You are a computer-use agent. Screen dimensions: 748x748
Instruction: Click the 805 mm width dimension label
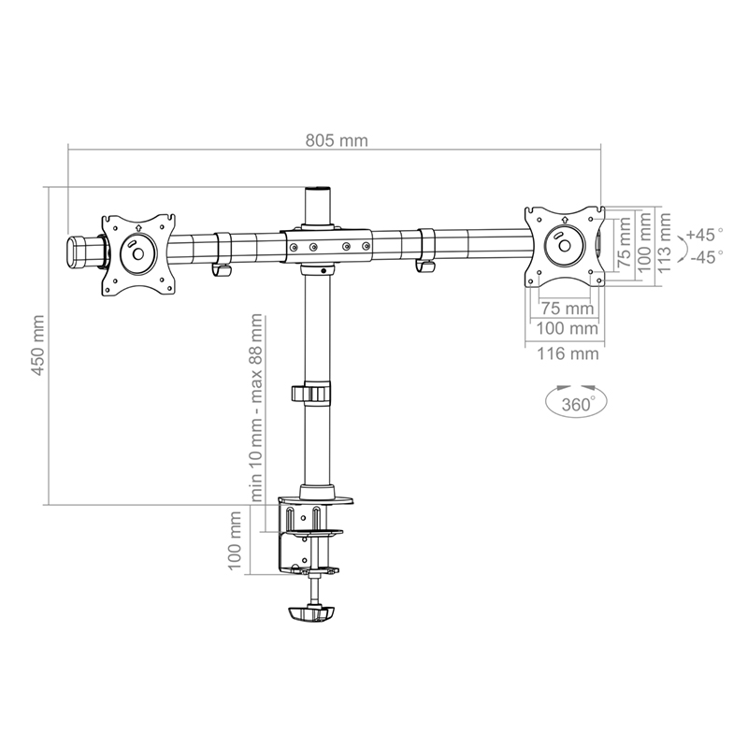click(x=337, y=141)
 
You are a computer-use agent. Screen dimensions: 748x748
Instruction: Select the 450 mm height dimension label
click(x=37, y=345)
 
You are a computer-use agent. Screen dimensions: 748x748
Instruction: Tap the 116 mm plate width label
click(x=568, y=354)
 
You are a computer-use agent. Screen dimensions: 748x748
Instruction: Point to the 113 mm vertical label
click(x=664, y=243)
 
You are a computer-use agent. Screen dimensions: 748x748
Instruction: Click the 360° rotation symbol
click(x=576, y=402)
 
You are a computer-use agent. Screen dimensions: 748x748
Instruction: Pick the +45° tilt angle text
click(x=704, y=235)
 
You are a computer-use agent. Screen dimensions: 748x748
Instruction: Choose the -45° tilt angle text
click(x=706, y=257)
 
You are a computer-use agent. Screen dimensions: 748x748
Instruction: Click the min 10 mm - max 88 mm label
click(x=256, y=408)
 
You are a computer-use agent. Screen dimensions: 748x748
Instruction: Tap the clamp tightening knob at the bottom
click(x=312, y=613)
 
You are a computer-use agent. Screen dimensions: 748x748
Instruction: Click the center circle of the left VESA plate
click(x=137, y=253)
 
